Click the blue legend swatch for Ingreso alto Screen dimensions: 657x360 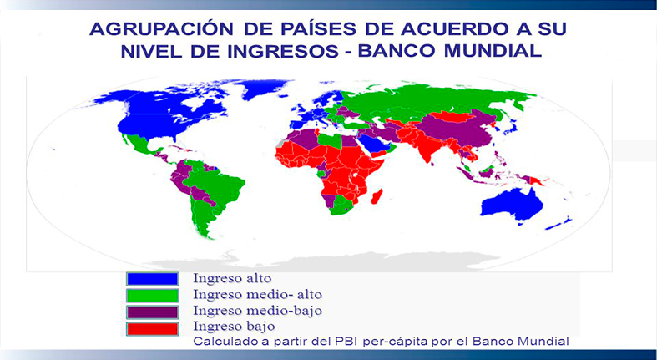[153, 279]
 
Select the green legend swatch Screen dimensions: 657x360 [153, 296]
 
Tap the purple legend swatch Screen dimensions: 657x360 [153, 312]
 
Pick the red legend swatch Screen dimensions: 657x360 [153, 328]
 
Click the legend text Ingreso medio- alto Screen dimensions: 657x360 [257, 295]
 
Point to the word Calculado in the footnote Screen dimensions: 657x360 [220, 341]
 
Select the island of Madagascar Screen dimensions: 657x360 [377, 197]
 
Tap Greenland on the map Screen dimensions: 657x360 [264, 87]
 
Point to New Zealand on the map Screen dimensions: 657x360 [560, 223]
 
